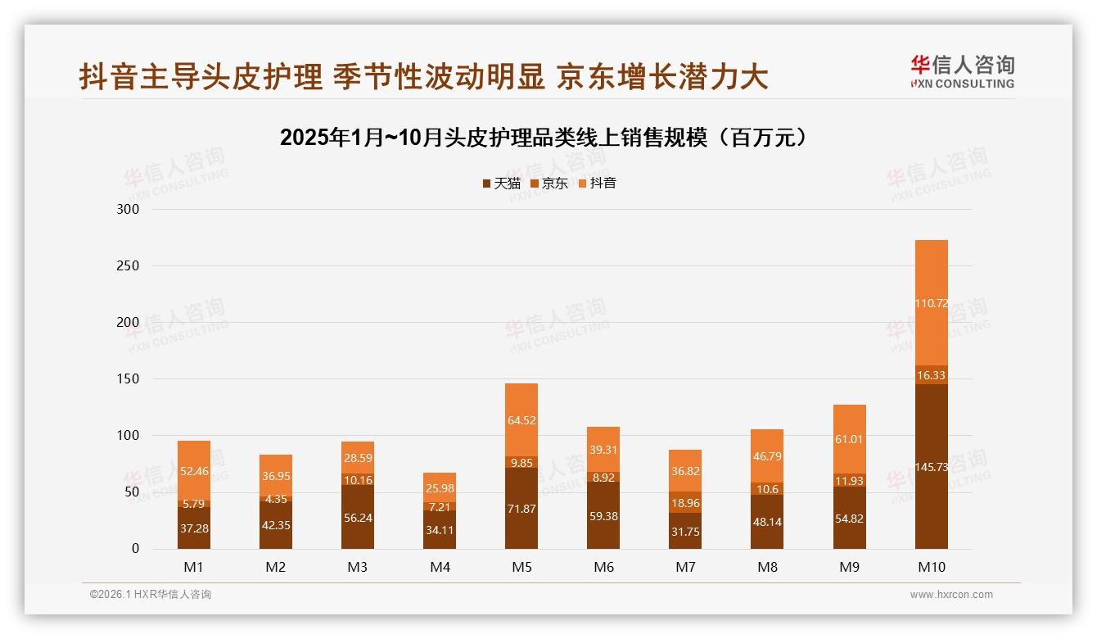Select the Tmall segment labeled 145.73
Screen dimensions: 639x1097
(x=931, y=467)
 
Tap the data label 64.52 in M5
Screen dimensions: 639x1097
(x=521, y=421)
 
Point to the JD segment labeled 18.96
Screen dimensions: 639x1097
(x=685, y=502)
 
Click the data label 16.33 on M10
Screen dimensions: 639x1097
(x=931, y=375)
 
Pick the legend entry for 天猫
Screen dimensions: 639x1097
(x=501, y=183)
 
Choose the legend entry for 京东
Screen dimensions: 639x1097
(x=548, y=183)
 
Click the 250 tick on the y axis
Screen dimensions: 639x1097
(x=129, y=266)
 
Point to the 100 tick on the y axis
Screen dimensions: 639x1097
(x=129, y=436)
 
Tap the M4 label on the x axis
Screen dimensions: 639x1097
(x=440, y=567)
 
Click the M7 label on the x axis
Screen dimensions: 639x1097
(x=685, y=567)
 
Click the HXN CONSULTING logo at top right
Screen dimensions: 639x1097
(x=962, y=72)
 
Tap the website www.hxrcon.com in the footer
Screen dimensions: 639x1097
(x=951, y=595)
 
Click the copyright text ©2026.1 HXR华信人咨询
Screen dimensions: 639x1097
(x=150, y=595)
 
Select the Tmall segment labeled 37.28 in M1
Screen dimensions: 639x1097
(x=194, y=528)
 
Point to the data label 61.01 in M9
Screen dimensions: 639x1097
(x=849, y=439)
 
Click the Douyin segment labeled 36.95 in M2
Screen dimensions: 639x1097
(x=276, y=476)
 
